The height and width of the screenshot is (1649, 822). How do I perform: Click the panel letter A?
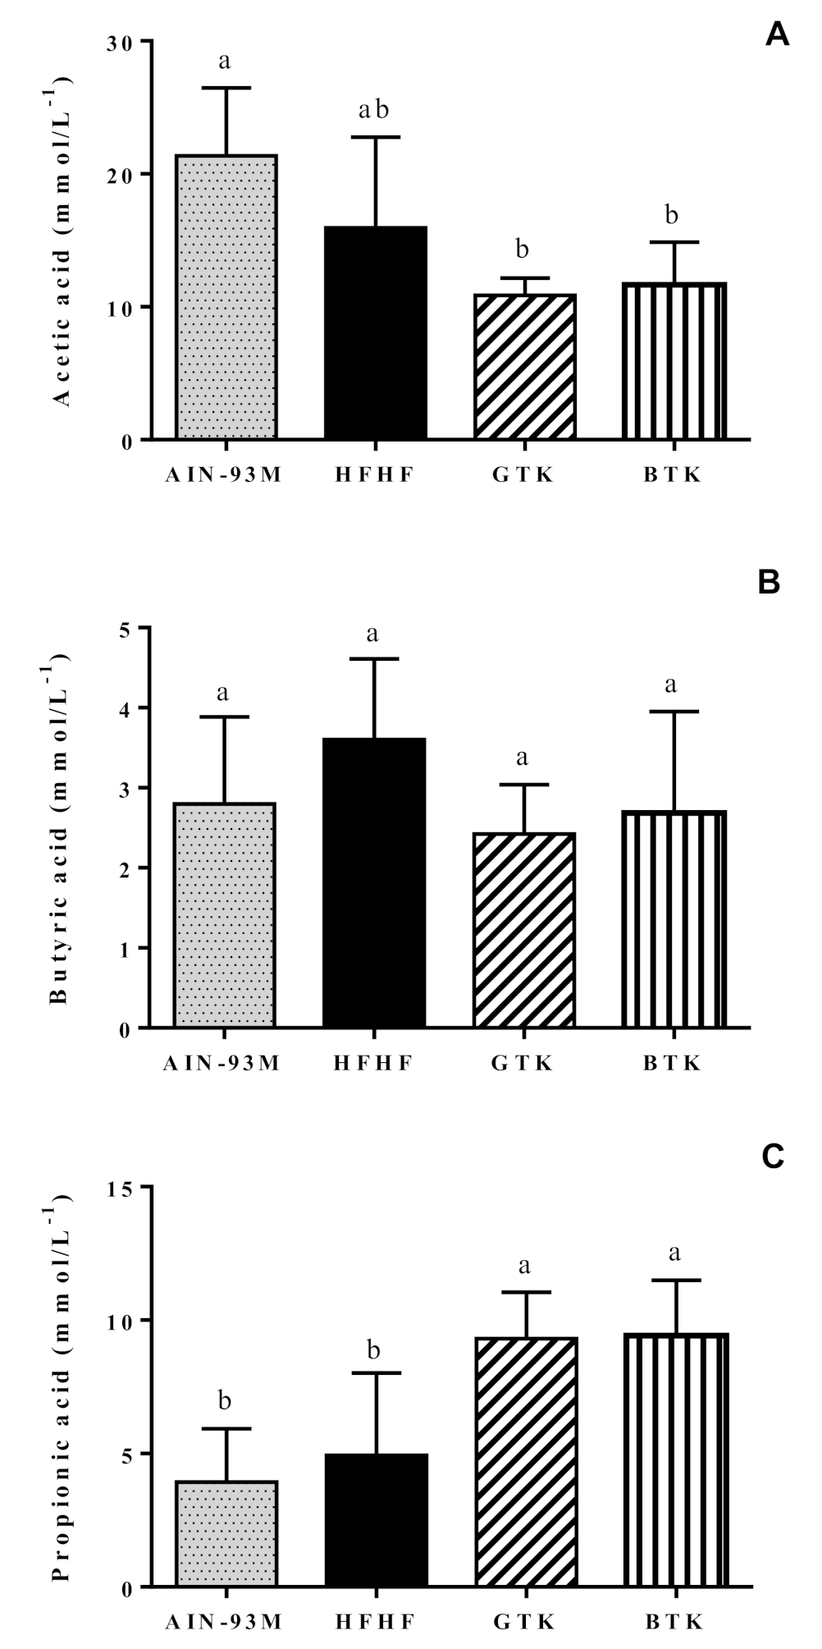[777, 35]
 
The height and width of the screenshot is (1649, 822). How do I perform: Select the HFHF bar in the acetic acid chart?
[376, 332]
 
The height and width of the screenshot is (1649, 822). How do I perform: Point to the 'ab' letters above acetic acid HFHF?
[373, 110]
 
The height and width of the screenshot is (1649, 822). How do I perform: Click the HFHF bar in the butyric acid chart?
[375, 882]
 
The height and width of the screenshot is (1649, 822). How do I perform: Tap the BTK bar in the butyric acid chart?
[674, 919]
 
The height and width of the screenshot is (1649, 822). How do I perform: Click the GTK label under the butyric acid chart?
[523, 1064]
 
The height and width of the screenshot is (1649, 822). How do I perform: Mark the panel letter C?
[773, 1156]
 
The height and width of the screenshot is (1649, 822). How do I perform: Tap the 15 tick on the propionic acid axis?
[123, 1187]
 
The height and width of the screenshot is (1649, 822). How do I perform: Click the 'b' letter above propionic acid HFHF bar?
[374, 1349]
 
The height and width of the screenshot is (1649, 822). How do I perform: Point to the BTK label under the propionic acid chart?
[673, 1623]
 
